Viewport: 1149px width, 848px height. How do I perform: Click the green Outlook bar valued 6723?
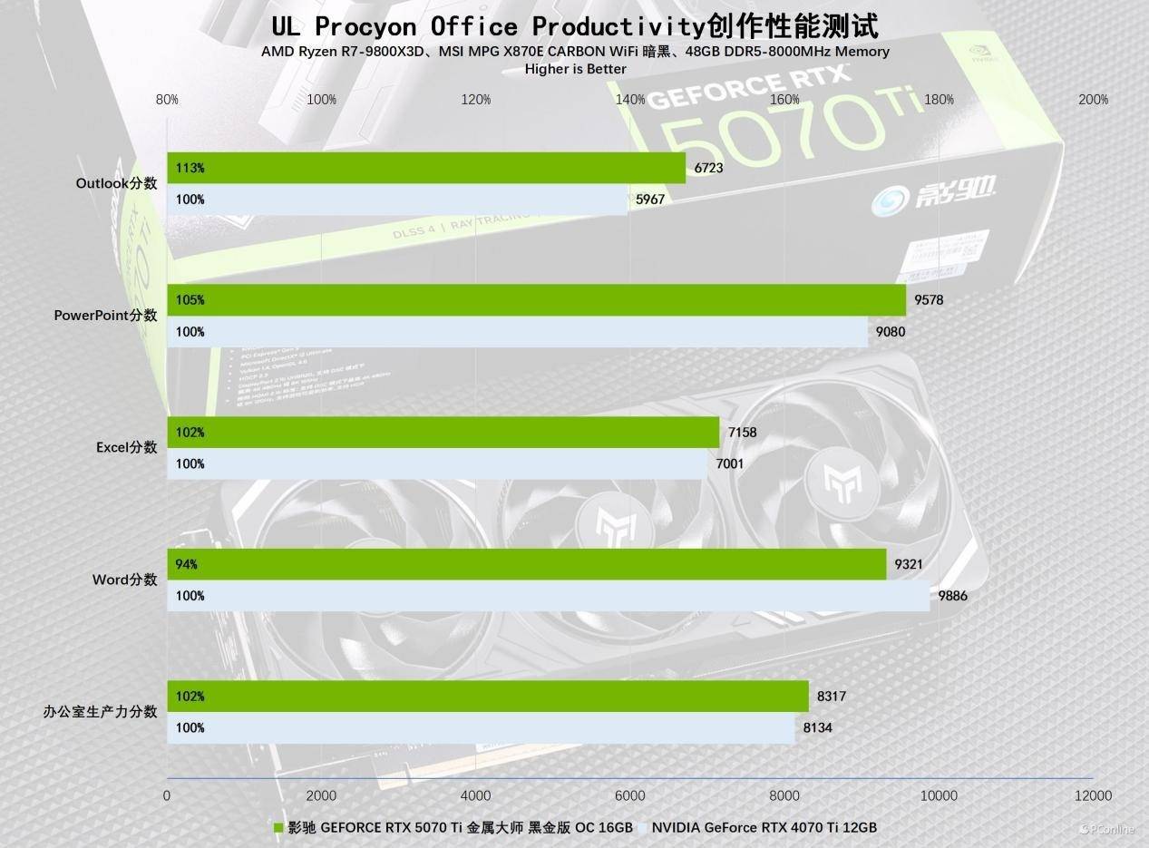click(426, 168)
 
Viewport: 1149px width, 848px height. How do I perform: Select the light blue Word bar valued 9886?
click(549, 596)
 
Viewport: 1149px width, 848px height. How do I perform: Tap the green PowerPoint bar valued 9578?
click(535, 300)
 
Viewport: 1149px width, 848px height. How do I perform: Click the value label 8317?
click(832, 697)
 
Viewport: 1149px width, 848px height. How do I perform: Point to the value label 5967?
click(650, 200)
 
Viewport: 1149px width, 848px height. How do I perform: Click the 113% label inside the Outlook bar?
click(190, 168)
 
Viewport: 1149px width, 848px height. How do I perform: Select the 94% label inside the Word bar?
click(187, 564)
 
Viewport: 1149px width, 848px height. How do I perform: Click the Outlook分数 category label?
click(116, 183)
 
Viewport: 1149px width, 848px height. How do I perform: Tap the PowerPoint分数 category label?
click(105, 316)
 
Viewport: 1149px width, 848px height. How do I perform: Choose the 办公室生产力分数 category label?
click(100, 712)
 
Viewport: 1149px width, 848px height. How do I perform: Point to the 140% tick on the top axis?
click(630, 100)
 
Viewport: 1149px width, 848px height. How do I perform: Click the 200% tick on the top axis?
click(1093, 100)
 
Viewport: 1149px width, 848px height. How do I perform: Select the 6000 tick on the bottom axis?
click(629, 795)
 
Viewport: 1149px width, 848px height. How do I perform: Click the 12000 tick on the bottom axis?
click(1092, 795)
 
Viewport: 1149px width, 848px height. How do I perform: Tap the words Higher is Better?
click(575, 69)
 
